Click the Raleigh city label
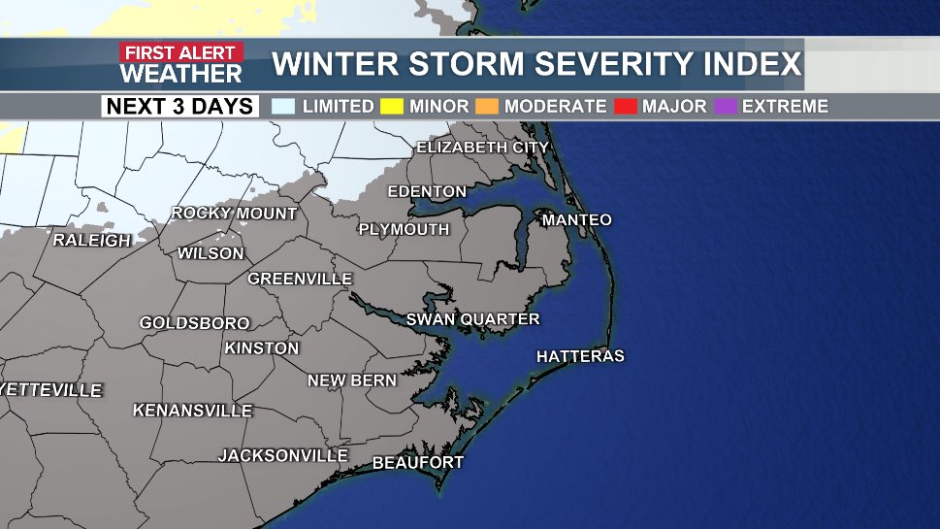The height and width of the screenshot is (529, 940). coord(91,240)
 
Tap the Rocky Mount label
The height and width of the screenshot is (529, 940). coord(234,214)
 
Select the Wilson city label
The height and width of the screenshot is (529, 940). coord(211,253)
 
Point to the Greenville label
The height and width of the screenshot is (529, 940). coord(300,280)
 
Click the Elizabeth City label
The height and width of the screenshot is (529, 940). coord(482,148)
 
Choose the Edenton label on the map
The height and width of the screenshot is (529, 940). coord(427,192)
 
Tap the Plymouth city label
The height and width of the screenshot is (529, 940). coord(404,230)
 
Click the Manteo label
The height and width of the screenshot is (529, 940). coord(576,220)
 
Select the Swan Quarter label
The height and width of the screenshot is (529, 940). coord(472,319)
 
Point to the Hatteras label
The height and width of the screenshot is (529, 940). coord(580,357)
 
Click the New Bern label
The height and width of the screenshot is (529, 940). coord(352,381)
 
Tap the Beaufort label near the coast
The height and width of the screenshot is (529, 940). coord(418,463)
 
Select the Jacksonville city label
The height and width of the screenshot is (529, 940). coord(282,455)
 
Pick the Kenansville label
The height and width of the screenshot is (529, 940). coord(192,411)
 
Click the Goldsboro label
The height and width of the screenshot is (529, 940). coord(194,323)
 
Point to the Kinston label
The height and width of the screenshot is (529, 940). coord(262,348)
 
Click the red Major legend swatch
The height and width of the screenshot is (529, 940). coord(626,106)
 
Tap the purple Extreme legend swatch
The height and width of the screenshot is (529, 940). coord(726,106)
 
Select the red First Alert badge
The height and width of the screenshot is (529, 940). coord(181,52)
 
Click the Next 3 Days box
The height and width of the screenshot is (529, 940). coord(180,106)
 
